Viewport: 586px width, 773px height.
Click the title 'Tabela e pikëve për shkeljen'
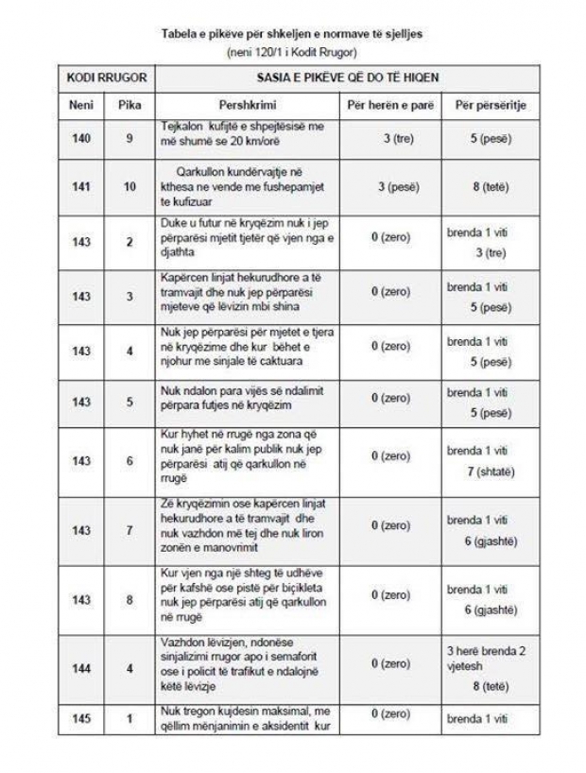(292, 33)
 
